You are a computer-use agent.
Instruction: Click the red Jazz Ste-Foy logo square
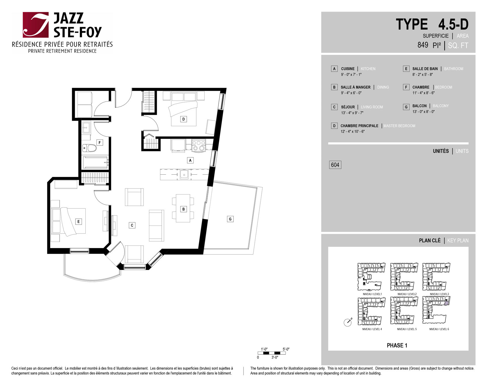(x=36, y=25)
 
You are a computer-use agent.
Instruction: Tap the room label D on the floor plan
(x=184, y=119)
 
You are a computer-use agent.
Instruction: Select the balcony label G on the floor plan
(x=230, y=219)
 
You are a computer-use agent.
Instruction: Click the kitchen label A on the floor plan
(x=190, y=160)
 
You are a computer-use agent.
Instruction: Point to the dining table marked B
(x=183, y=208)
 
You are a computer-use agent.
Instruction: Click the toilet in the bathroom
(x=90, y=148)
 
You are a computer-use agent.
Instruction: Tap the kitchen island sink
(x=184, y=174)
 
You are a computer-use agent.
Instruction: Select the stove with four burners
(x=199, y=145)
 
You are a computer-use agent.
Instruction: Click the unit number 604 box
(x=335, y=165)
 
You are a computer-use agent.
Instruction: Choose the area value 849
(x=423, y=45)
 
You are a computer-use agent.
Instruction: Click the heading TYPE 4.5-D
(x=432, y=24)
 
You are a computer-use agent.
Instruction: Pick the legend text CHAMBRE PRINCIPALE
(x=359, y=126)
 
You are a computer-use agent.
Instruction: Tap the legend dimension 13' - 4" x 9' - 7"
(x=352, y=113)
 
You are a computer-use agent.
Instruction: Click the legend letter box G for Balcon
(x=406, y=107)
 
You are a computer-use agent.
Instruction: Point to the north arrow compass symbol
(x=348, y=322)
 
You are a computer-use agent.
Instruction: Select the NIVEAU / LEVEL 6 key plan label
(x=439, y=329)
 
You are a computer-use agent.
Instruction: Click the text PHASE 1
(x=397, y=345)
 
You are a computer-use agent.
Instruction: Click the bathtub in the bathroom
(x=95, y=162)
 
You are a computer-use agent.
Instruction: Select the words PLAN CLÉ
(x=430, y=240)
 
